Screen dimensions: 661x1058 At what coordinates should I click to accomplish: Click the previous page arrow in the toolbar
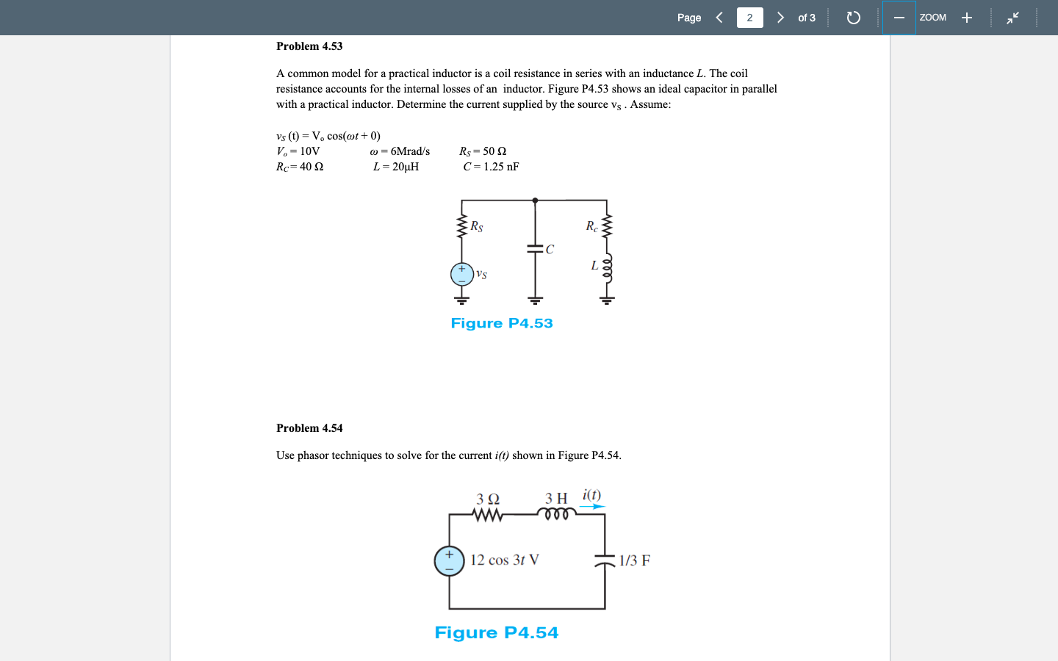(719, 18)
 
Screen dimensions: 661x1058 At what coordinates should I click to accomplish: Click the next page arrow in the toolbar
(780, 18)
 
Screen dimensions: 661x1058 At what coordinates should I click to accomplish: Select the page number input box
(749, 18)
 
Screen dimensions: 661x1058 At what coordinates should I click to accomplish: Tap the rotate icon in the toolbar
(853, 18)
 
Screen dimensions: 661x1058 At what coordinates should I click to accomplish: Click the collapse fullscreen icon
(1013, 18)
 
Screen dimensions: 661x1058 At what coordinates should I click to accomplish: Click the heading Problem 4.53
(309, 46)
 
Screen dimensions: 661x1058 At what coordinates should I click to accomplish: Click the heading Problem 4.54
(309, 428)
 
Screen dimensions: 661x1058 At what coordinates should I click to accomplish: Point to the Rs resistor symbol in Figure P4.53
(462, 226)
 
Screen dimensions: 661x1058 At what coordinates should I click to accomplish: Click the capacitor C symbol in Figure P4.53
(535, 249)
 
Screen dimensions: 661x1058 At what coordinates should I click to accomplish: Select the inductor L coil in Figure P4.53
(607, 270)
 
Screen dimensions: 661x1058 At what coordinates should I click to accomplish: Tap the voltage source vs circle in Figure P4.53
(462, 274)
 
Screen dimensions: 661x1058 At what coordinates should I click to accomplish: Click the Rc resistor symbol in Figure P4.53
(607, 226)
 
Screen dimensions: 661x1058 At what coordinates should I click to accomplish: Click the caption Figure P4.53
(502, 323)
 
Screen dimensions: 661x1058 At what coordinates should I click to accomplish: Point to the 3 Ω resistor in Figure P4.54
(488, 515)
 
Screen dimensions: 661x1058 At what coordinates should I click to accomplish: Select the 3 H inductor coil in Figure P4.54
(557, 513)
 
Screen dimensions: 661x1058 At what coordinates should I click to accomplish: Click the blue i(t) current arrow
(592, 506)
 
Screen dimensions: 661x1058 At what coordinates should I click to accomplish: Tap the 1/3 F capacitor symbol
(605, 560)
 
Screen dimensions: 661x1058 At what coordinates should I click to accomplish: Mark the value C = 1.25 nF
(491, 167)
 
